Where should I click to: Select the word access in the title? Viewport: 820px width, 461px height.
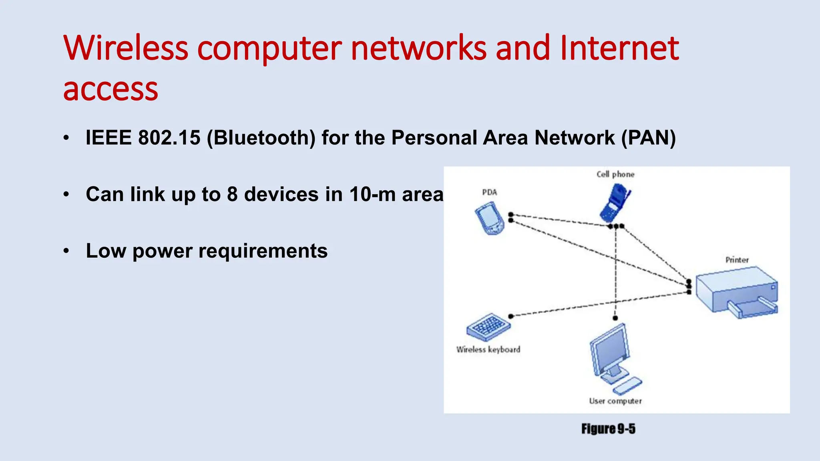tap(111, 90)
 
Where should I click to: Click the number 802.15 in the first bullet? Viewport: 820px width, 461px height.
tap(169, 138)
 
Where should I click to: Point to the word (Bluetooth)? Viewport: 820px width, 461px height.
tap(261, 138)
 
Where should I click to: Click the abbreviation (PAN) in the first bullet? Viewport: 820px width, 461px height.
tap(648, 138)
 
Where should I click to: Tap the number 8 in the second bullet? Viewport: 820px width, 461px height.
tap(232, 194)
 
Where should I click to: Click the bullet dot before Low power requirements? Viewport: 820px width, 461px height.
tap(66, 251)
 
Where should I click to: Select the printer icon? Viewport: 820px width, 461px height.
tap(737, 293)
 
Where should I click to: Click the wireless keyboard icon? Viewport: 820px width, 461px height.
tap(488, 326)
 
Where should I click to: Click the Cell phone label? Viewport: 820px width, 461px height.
tap(615, 174)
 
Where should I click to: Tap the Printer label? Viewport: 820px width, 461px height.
tap(737, 260)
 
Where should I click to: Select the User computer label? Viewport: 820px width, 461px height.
tap(615, 401)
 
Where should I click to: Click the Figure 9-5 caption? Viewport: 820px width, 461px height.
tap(608, 429)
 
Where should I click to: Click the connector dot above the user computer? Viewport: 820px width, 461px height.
tap(615, 318)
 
